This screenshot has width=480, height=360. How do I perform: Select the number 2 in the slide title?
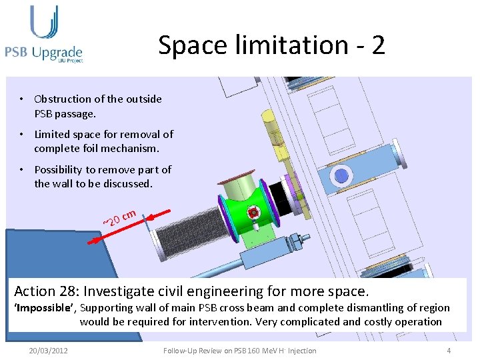click(x=378, y=45)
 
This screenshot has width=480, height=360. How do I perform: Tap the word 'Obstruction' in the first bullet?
click(x=61, y=99)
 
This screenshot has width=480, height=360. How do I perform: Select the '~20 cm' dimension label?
click(x=120, y=217)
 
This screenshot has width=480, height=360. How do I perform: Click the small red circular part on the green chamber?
click(x=253, y=213)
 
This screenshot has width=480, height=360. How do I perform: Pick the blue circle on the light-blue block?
click(x=342, y=176)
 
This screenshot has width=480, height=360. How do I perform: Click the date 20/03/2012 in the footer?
click(x=48, y=351)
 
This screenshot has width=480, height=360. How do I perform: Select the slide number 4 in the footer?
click(x=449, y=351)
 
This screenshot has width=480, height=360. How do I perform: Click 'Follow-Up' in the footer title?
click(x=179, y=351)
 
